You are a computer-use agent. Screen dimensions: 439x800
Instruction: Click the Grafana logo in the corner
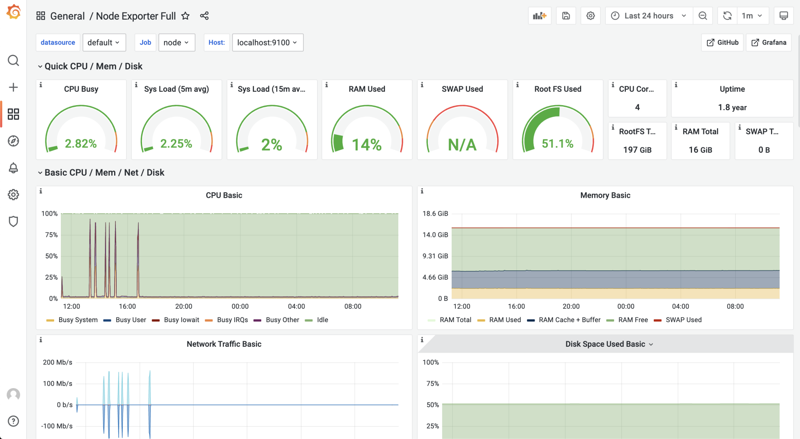[14, 12]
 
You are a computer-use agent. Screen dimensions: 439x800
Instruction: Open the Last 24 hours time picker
[648, 16]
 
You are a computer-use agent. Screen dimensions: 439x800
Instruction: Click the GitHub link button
[722, 43]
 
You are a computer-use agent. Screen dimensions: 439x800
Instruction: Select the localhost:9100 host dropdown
[267, 43]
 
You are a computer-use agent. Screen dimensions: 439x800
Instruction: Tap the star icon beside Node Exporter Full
[185, 16]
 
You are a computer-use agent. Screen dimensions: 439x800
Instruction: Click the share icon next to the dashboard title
[204, 16]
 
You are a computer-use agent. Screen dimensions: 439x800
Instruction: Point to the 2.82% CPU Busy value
[81, 144]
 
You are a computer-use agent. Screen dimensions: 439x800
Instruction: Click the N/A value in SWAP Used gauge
[462, 145]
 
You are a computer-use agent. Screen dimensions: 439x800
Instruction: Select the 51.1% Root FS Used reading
[557, 144]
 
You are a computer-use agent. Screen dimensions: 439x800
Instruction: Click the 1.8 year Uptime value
[732, 107]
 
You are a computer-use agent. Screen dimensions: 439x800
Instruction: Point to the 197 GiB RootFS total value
[637, 150]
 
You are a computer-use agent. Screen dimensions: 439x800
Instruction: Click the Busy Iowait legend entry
[181, 320]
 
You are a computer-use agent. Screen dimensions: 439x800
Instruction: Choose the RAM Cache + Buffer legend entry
[569, 320]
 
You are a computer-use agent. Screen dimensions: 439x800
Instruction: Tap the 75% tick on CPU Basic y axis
[51, 235]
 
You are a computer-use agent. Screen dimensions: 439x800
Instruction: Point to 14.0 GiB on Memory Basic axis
[435, 235]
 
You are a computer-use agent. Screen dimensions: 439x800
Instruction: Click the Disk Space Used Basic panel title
[605, 344]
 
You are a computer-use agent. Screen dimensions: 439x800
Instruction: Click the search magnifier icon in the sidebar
[13, 61]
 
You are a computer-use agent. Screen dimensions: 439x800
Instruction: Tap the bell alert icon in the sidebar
[13, 168]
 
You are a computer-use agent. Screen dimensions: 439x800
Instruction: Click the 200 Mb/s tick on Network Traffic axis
[57, 362]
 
